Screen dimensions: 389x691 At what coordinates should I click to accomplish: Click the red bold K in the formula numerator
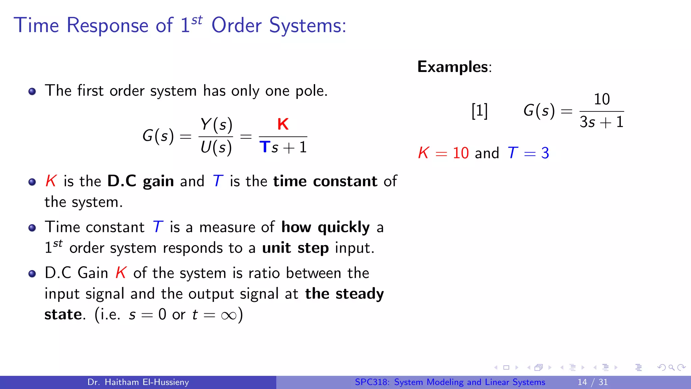point(283,124)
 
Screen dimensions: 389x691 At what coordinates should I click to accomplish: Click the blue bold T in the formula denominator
point(265,147)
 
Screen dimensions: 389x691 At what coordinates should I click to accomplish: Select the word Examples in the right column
point(452,67)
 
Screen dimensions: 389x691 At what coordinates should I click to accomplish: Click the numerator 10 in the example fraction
point(602,99)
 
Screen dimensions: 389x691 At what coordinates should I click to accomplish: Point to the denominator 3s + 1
point(602,122)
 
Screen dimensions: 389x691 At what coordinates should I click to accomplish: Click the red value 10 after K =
point(461,153)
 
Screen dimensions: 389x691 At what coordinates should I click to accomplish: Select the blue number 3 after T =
point(545,153)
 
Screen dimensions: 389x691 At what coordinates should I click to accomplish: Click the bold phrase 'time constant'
point(325,181)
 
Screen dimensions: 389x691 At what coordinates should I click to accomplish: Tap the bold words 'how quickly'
point(326,227)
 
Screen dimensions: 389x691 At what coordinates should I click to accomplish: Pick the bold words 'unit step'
point(295,248)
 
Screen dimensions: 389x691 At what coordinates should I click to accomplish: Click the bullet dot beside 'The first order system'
point(32,92)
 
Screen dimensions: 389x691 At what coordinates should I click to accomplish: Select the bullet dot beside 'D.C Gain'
point(32,274)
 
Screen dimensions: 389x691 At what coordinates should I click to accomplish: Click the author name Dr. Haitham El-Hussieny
point(138,382)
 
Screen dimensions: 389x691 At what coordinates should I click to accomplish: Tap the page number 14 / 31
point(592,382)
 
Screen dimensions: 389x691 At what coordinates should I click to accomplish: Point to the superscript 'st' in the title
point(197,20)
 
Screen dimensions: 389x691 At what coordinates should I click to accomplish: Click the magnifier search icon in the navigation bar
point(671,367)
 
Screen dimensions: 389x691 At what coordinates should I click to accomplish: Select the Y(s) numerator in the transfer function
point(216,125)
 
